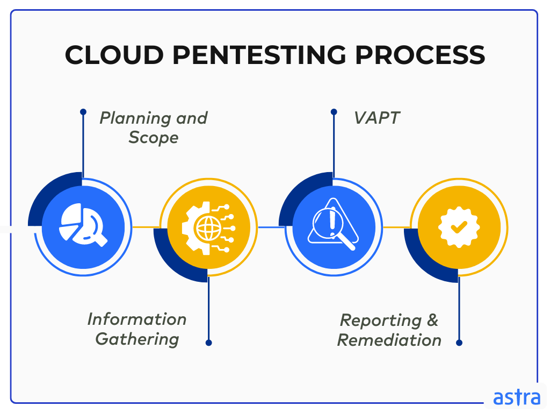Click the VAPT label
coord(377,118)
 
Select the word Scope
coord(154,138)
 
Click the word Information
coord(137,319)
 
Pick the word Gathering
coord(137,339)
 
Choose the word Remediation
coord(389,340)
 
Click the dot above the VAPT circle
coord(334,112)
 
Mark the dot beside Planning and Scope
coord(83,112)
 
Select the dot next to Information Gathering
coord(208,342)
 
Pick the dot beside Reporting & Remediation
coord(459,342)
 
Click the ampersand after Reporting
coord(432,321)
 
